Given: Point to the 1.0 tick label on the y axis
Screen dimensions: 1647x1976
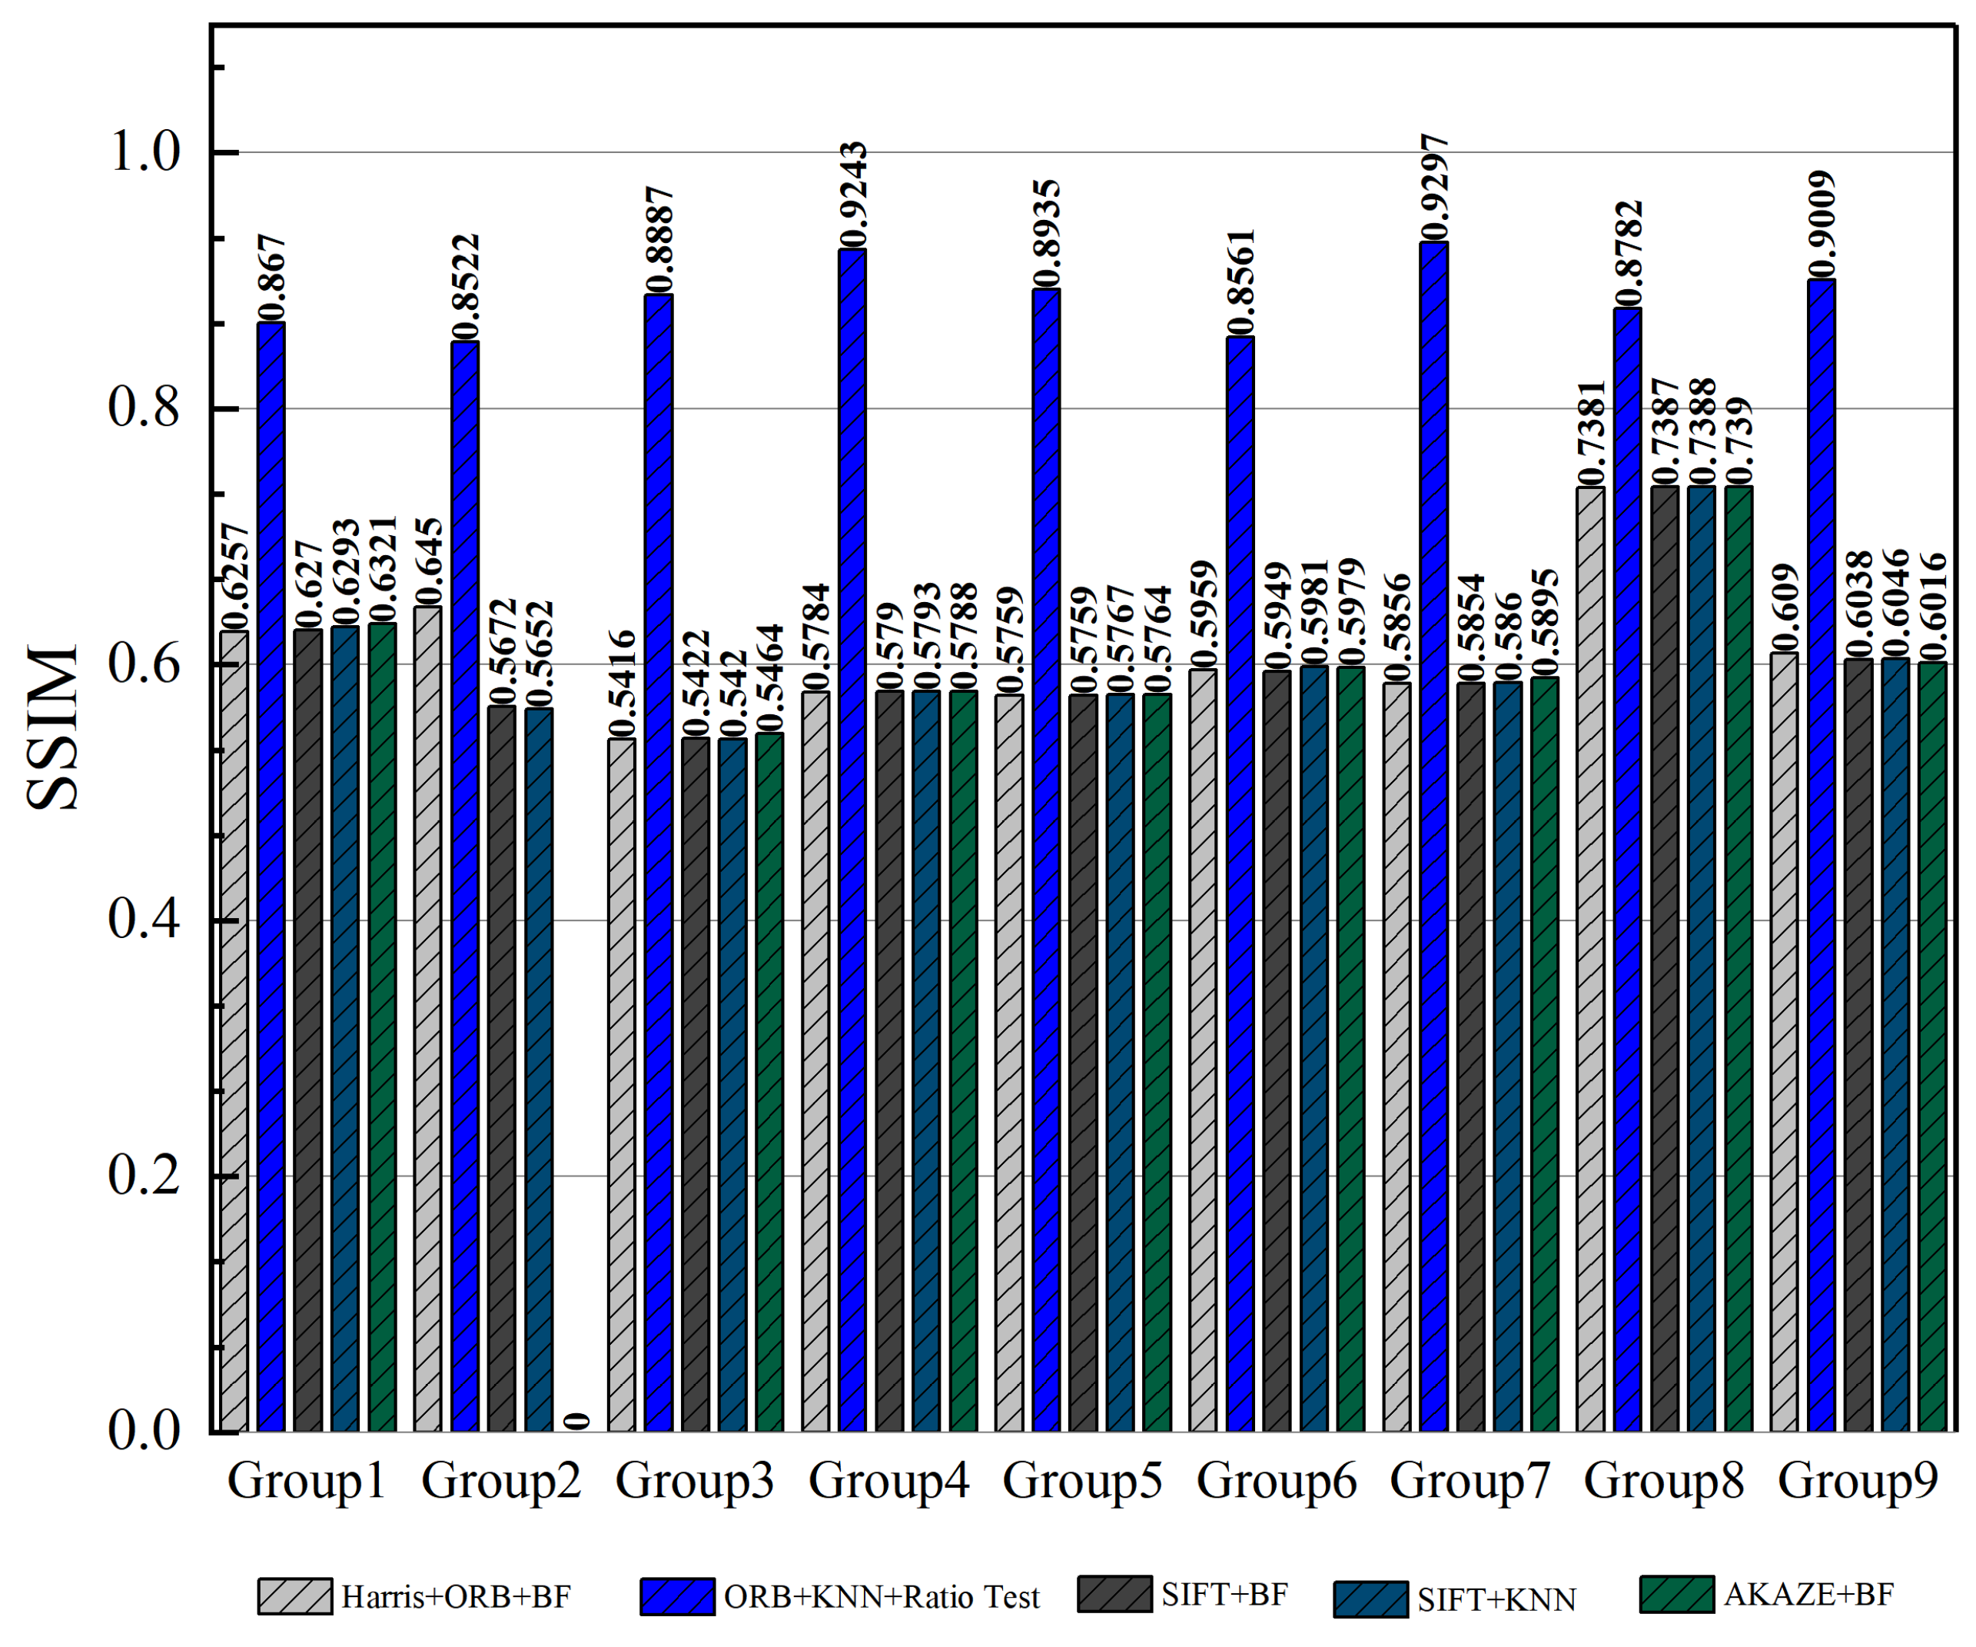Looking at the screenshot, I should click(144, 151).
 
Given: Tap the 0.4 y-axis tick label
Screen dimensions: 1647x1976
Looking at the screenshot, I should click(144, 919).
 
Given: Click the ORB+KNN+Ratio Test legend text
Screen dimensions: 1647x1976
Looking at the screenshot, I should click(881, 1597).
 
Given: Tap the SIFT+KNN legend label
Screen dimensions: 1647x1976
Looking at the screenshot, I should click(1496, 1600).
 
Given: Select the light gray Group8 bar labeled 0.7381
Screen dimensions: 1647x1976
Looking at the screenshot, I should click(1590, 960).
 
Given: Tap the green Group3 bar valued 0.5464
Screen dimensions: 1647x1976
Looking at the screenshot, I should click(769, 1083).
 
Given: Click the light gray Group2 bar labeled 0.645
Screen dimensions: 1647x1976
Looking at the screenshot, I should click(428, 1016).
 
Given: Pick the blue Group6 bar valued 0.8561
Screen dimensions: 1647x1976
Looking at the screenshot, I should click(1240, 885).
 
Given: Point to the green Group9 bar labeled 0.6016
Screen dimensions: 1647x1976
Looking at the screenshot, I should click(1931, 1045).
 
